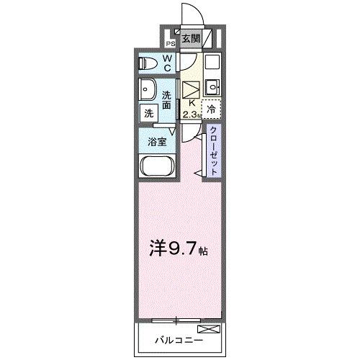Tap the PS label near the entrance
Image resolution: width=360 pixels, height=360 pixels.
click(171, 43)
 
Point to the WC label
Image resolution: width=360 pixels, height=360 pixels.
click(166, 63)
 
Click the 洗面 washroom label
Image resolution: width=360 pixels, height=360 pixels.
click(167, 100)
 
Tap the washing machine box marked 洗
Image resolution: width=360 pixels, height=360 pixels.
click(148, 113)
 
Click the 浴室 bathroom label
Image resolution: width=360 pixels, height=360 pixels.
click(158, 141)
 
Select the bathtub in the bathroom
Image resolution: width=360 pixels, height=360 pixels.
click(156, 171)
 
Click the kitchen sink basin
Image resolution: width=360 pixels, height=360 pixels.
click(212, 89)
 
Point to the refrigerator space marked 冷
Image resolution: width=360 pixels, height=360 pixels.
click(211, 109)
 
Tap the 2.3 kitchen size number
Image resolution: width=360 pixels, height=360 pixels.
click(189, 114)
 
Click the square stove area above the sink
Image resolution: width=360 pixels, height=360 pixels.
click(212, 64)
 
